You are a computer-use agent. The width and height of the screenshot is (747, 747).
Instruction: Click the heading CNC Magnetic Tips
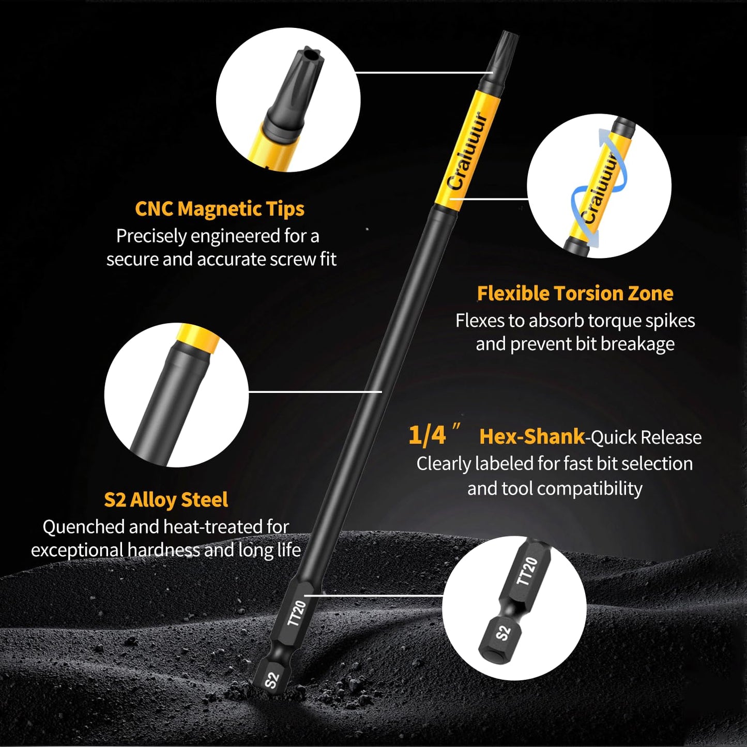pyautogui.click(x=219, y=209)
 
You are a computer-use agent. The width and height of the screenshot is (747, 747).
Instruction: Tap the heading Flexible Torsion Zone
pyautogui.click(x=575, y=294)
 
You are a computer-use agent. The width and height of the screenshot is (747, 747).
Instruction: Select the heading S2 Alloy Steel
pyautogui.click(x=166, y=500)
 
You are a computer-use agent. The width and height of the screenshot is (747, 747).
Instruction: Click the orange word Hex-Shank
pyautogui.click(x=532, y=436)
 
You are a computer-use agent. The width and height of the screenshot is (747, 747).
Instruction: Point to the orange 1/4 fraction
pyautogui.click(x=427, y=435)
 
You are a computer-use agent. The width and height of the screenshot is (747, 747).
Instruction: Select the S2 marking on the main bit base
pyautogui.click(x=272, y=680)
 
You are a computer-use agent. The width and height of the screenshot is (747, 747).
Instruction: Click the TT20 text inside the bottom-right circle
pyautogui.click(x=527, y=571)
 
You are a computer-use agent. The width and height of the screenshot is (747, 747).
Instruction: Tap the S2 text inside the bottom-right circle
pyautogui.click(x=503, y=633)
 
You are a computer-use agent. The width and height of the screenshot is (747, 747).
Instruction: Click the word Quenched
pyautogui.click(x=84, y=527)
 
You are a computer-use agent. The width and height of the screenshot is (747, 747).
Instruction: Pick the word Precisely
pyautogui.click(x=151, y=236)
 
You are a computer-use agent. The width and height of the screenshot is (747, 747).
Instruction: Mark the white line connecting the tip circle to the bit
pyautogui.click(x=424, y=72)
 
